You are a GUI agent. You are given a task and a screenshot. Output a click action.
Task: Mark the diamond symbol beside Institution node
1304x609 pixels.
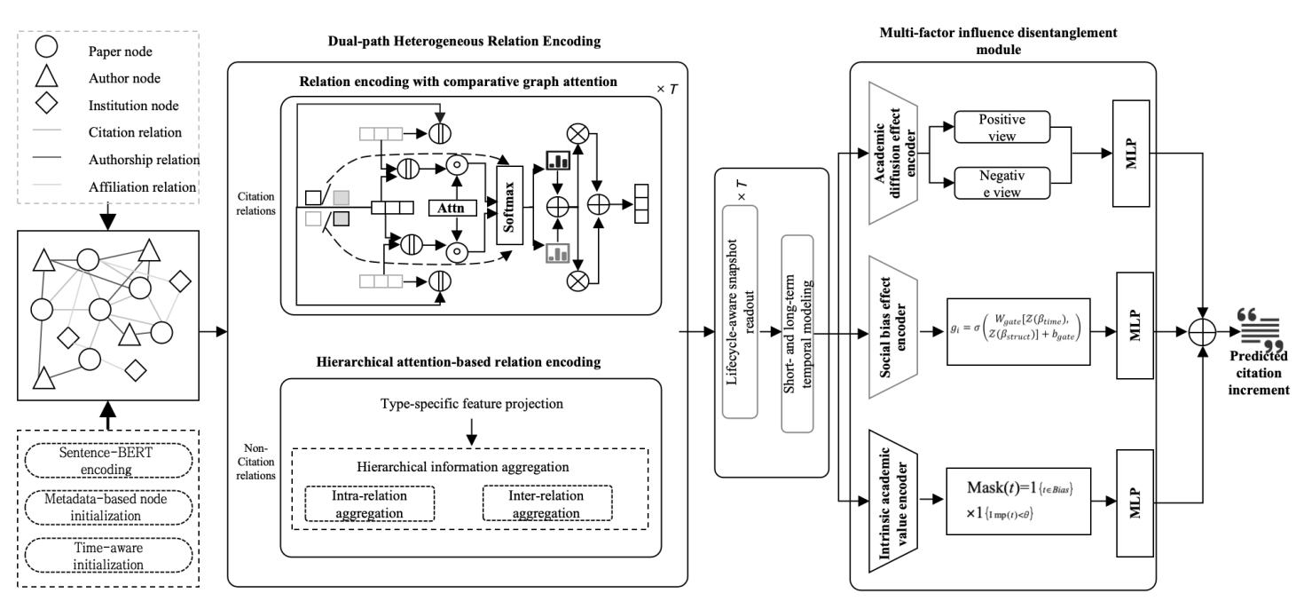click(x=47, y=104)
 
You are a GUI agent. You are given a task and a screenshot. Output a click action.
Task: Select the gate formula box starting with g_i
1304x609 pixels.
click(x=1009, y=334)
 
